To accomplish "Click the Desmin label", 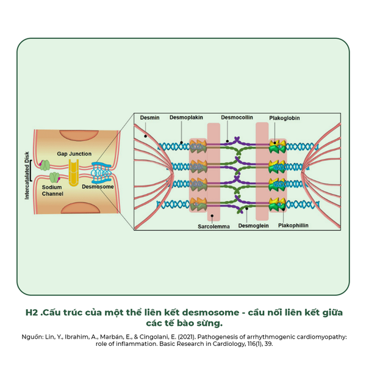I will [x=150, y=118].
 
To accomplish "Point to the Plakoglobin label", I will [x=284, y=118].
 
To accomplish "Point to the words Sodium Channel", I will [x=52, y=190].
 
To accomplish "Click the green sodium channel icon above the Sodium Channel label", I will [x=53, y=178].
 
